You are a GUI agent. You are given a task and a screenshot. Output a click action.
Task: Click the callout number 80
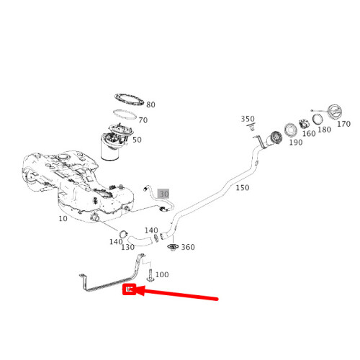coord(150,105)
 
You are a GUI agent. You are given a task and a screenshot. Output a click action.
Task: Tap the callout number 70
coord(143,120)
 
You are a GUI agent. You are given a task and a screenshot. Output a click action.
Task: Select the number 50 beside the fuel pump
coord(137,140)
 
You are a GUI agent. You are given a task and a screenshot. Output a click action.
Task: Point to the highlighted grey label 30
coord(163,194)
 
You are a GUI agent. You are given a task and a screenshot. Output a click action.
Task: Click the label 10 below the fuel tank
coord(63,218)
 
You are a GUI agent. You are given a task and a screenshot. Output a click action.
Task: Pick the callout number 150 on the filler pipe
coord(243,188)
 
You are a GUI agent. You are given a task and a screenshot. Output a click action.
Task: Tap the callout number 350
coord(248,120)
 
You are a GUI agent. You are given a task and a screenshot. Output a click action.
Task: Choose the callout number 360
coord(188,248)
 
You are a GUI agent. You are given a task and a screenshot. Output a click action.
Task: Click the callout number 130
coord(127,248)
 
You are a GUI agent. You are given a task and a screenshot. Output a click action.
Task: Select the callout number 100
coord(162,275)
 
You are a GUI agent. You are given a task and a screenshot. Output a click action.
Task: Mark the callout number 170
coord(343,124)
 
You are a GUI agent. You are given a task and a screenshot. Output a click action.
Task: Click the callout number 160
coord(308,133)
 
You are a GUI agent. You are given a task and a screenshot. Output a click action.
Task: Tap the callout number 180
coord(324,130)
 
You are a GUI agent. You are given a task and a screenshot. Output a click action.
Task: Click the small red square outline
coord(130,290)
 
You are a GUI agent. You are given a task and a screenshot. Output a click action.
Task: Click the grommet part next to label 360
coord(172,248)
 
